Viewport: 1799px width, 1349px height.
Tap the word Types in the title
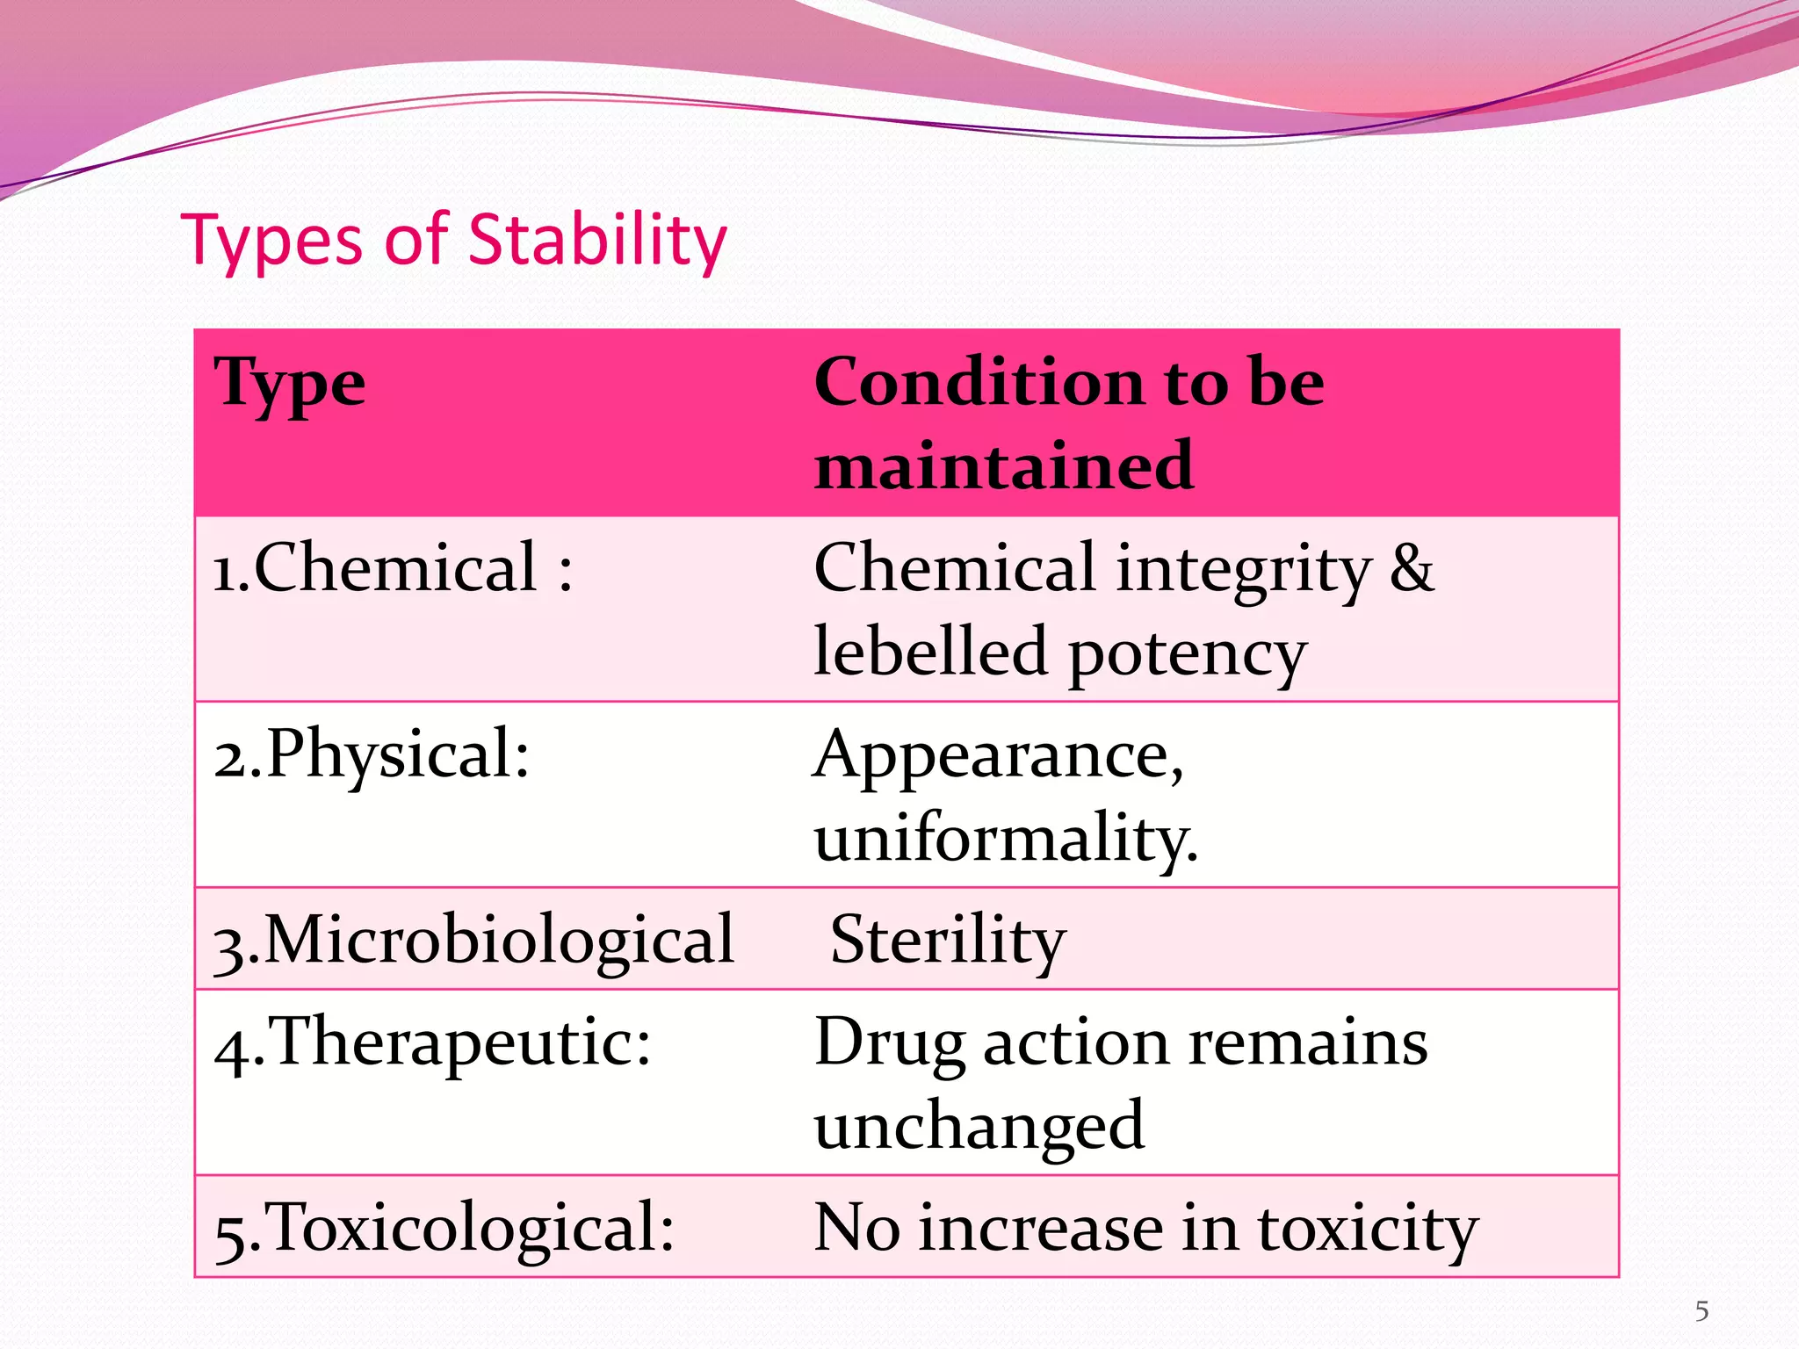tap(271, 241)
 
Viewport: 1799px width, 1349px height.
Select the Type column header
tap(289, 384)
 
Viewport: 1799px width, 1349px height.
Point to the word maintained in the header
tap(1003, 465)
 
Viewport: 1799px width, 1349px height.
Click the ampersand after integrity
tap(1412, 568)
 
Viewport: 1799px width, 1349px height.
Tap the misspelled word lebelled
tap(930, 652)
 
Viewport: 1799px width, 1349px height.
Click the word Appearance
tap(998, 755)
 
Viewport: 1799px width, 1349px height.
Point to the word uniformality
tap(1005, 838)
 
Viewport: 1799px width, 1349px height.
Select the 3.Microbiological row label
tap(473, 940)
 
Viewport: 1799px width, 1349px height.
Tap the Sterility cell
tap(948, 940)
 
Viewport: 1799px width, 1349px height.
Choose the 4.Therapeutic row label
tap(432, 1042)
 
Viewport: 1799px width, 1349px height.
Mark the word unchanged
tap(979, 1126)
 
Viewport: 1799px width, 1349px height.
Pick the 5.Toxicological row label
tap(444, 1227)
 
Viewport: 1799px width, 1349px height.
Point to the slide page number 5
tap(1701, 1311)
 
